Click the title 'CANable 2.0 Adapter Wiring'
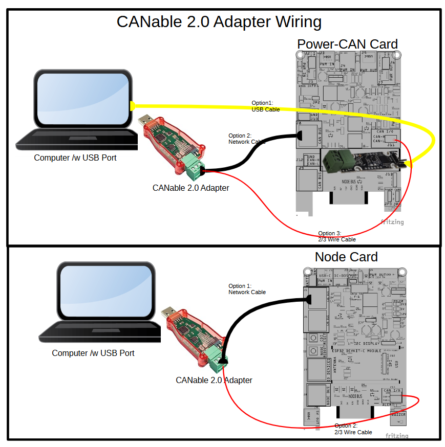click(x=219, y=22)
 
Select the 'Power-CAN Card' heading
click(x=347, y=44)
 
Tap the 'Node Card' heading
click(x=346, y=257)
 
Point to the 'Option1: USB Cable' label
click(x=265, y=106)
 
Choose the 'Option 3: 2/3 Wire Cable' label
click(x=336, y=236)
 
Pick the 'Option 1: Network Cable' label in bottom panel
click(x=247, y=289)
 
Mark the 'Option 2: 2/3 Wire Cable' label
click(x=353, y=429)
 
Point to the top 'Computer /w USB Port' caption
click(x=75, y=158)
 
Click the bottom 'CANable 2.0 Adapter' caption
click(x=214, y=381)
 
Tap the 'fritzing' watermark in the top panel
click(x=392, y=222)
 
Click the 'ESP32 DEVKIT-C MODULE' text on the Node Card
click(x=357, y=350)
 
